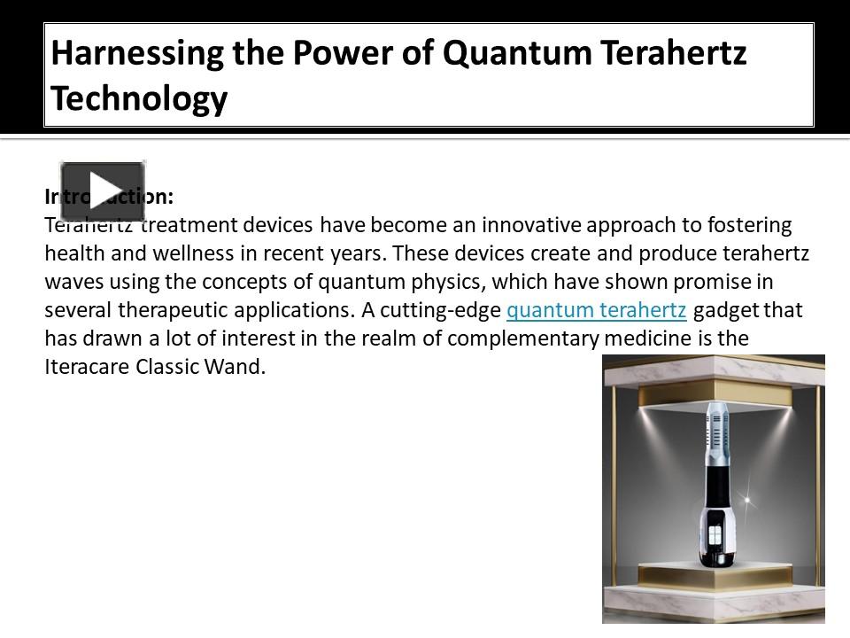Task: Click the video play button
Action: pos(102,191)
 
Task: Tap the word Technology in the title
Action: pos(139,98)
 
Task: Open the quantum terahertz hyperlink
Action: pos(596,310)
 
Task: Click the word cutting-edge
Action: pos(440,310)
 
